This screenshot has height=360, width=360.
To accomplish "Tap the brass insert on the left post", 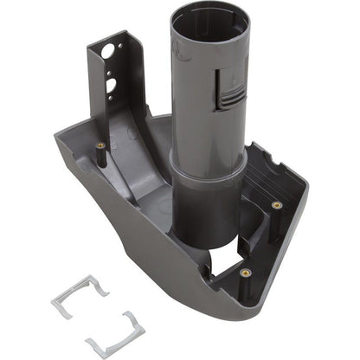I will tap(100, 145).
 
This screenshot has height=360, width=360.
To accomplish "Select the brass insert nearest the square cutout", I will tap(245, 272).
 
